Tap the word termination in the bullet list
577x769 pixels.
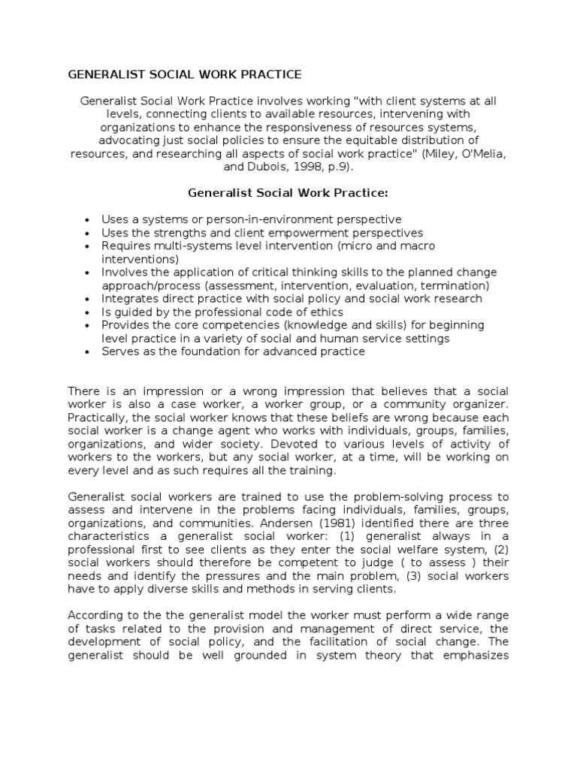457,286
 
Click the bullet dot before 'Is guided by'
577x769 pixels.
88,312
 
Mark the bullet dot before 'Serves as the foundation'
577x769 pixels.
88,351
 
